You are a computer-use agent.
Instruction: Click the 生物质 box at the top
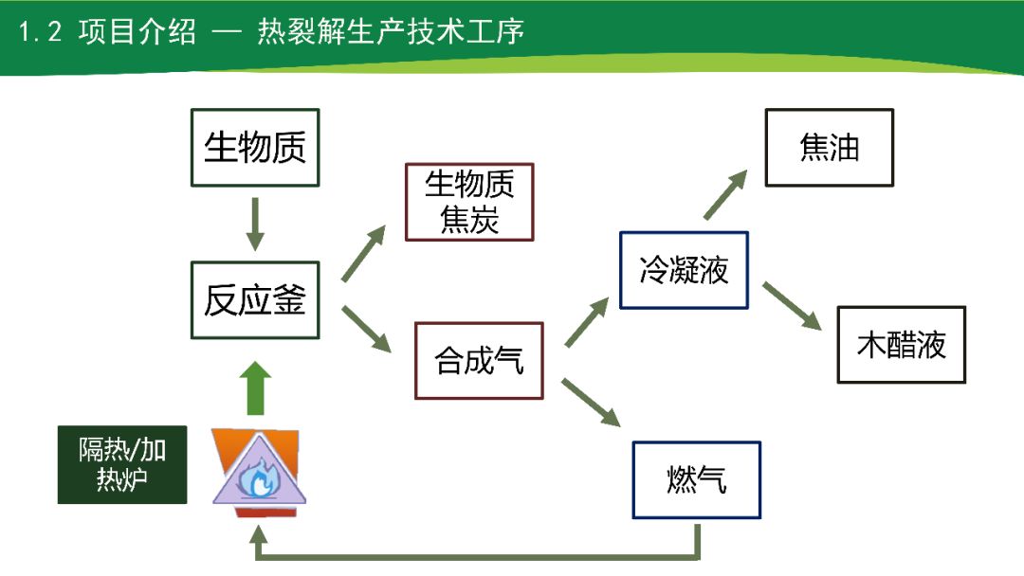(x=255, y=147)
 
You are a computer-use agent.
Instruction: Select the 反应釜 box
(x=255, y=300)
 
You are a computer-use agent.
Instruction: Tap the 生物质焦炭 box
(x=469, y=202)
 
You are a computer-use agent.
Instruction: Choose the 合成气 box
(x=479, y=360)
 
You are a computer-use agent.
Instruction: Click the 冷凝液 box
(x=684, y=270)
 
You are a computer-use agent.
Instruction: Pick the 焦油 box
(x=830, y=147)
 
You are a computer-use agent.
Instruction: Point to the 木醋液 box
(x=901, y=344)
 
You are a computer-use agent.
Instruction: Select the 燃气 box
(x=697, y=479)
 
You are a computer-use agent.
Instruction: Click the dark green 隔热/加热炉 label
(x=121, y=464)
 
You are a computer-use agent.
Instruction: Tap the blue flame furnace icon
(x=257, y=474)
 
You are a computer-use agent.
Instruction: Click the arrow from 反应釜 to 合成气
(x=366, y=329)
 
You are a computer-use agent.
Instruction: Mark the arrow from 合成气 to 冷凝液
(x=587, y=322)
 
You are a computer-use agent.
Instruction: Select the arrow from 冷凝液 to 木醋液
(x=792, y=305)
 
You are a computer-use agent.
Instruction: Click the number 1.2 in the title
(x=40, y=32)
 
